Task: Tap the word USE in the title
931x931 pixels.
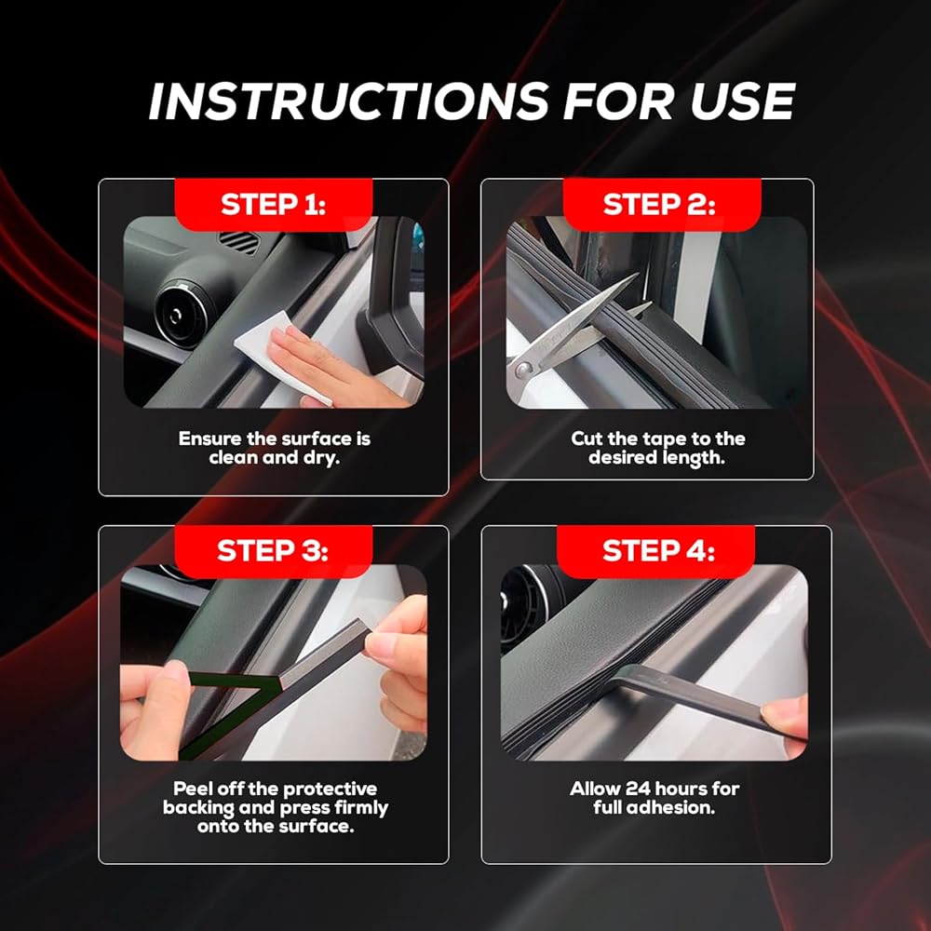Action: (x=743, y=101)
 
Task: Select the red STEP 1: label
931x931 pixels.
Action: (x=273, y=204)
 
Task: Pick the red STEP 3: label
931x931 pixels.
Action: (x=273, y=551)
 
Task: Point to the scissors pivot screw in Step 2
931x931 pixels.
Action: (x=523, y=371)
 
